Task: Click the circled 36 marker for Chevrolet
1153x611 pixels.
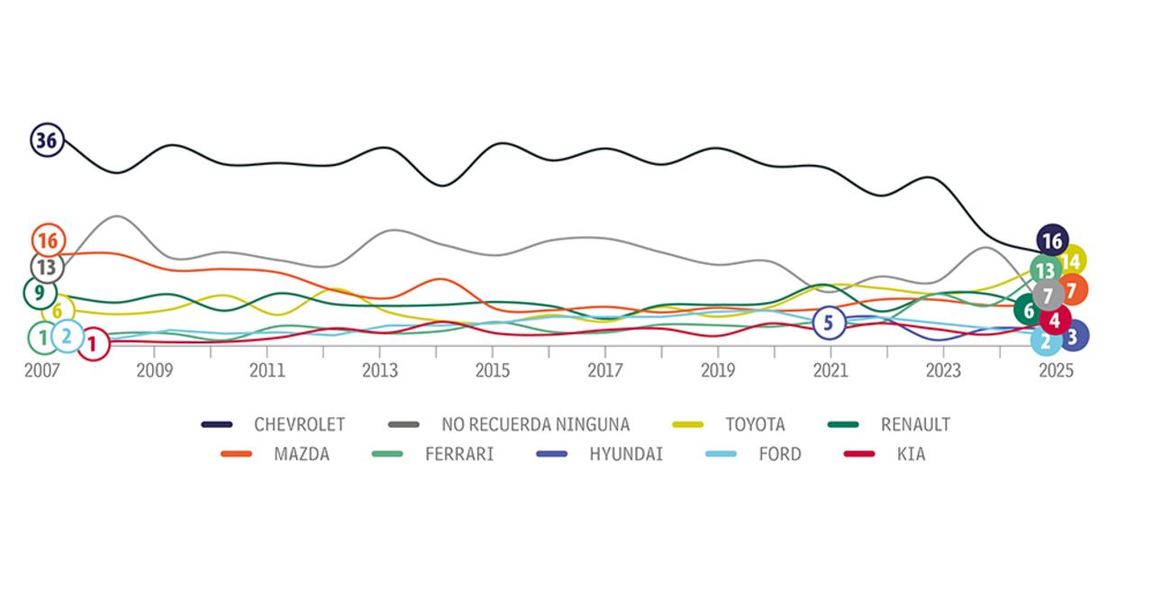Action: (x=47, y=141)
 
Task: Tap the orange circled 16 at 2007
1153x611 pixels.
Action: (x=48, y=241)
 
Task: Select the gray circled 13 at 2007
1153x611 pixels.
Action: (x=46, y=268)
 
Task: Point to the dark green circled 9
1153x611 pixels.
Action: (x=40, y=293)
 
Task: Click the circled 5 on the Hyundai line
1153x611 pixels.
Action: (x=829, y=322)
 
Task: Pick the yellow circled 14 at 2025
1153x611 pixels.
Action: (x=1071, y=261)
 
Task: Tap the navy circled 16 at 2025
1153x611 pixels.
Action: (x=1051, y=241)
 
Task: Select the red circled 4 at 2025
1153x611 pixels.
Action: (x=1055, y=319)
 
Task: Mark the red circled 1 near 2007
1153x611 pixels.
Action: (x=92, y=343)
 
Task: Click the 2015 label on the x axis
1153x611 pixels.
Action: (x=493, y=371)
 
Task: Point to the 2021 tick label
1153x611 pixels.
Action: (x=830, y=371)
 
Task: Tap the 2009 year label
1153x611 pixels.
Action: (x=155, y=371)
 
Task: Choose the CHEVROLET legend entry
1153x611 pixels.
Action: (x=299, y=424)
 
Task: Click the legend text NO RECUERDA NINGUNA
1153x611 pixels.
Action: (x=535, y=424)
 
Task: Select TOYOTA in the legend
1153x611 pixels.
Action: (x=755, y=424)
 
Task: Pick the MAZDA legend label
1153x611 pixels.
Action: (x=301, y=454)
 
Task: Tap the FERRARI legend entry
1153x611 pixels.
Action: (x=459, y=454)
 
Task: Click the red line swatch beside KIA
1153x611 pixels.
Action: (x=858, y=454)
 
